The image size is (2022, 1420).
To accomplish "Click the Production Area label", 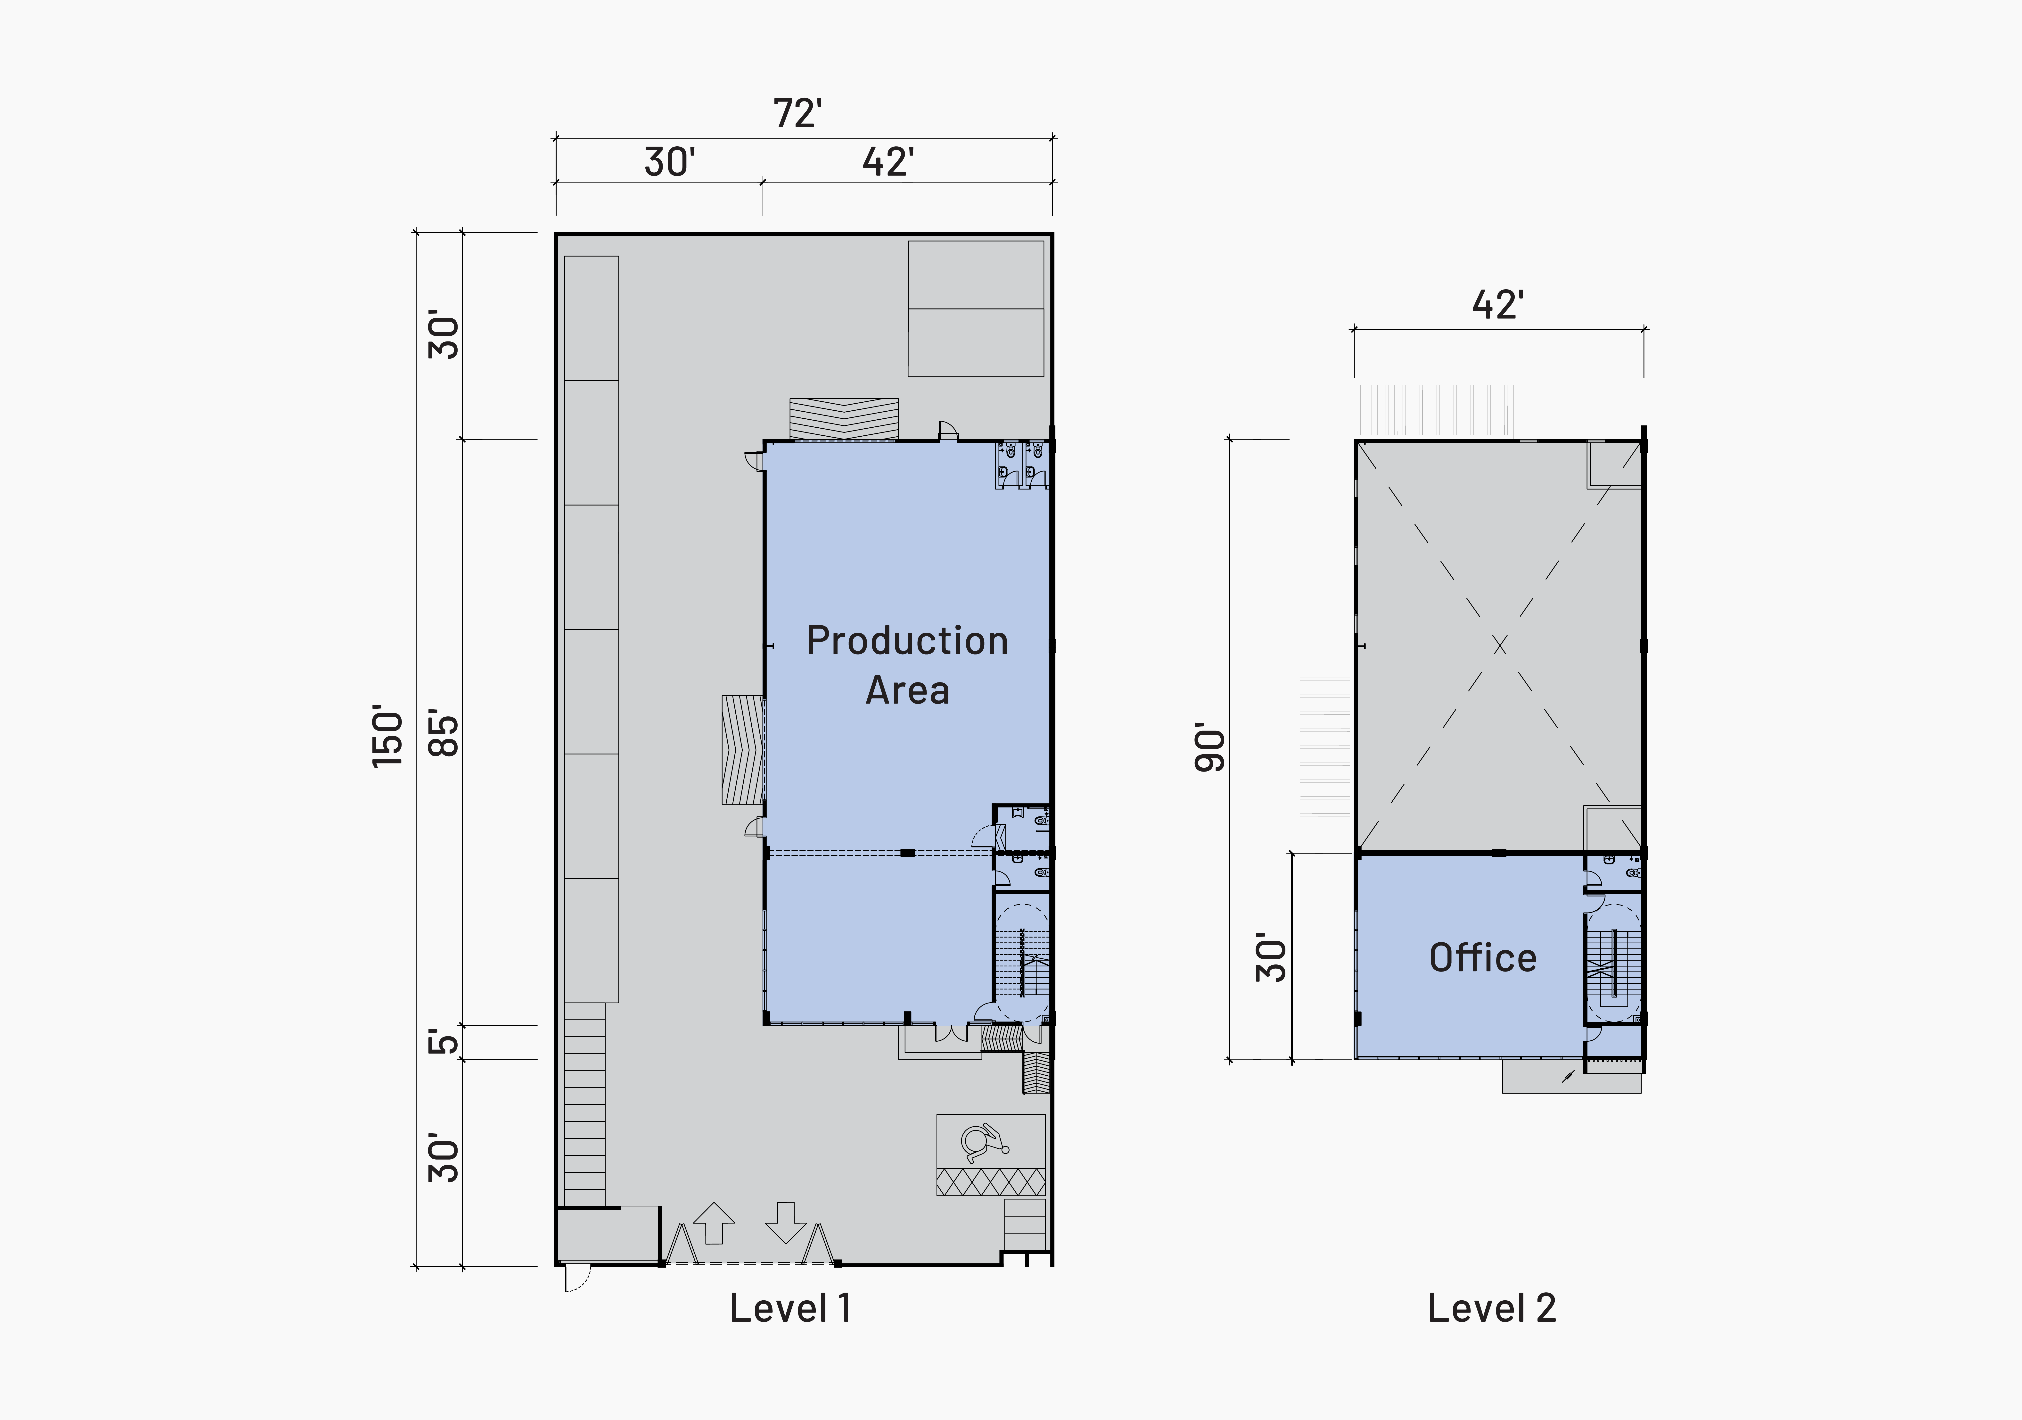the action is pos(907,665).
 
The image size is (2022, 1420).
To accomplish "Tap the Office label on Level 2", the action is pos(1483,957).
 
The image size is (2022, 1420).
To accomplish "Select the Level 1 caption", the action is pos(790,1308).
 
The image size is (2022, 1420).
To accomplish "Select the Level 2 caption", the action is pos(1492,1308).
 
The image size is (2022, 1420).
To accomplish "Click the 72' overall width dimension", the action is pos(798,114).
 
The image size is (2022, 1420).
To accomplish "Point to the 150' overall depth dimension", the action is pos(387,736).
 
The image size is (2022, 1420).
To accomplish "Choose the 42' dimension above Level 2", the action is pos(1498,305).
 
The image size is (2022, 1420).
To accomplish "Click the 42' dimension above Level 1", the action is pos(888,162).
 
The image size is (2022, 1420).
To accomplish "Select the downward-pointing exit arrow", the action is pos(786,1223).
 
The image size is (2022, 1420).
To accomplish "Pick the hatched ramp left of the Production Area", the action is pos(742,750).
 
